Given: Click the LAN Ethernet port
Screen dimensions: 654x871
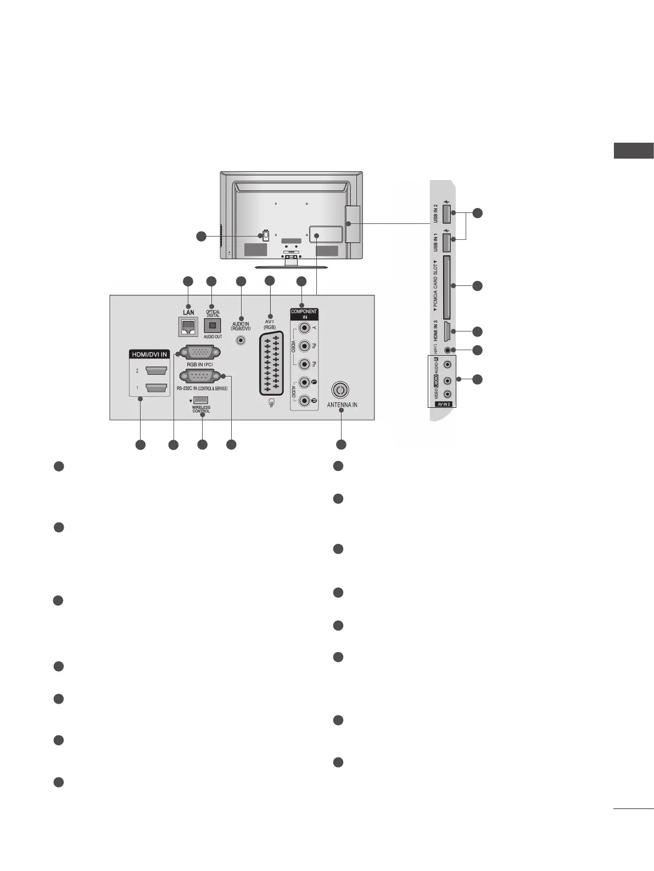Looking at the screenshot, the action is click(188, 328).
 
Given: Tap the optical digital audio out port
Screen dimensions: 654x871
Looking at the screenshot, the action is click(213, 325).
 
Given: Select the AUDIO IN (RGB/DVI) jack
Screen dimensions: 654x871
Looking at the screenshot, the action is click(241, 340).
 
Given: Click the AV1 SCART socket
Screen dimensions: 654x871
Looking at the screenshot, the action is click(270, 363).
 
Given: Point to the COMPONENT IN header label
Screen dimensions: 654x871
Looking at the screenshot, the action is click(304, 314).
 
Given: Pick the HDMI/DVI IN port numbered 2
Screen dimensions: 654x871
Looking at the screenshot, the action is click(155, 371).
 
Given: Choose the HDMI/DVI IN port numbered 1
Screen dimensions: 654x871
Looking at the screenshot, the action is click(155, 389).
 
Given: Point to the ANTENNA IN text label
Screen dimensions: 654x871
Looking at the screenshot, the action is click(342, 405).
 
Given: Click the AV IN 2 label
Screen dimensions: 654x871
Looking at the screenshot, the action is click(444, 403).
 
